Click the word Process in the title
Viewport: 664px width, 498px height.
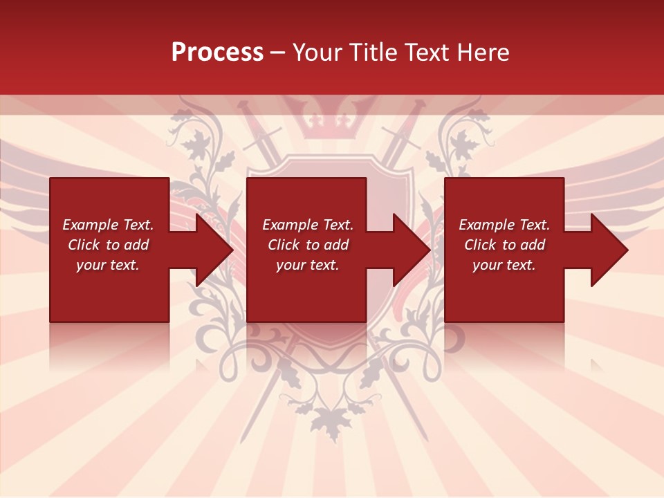pyautogui.click(x=217, y=53)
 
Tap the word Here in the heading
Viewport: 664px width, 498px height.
pyautogui.click(x=485, y=53)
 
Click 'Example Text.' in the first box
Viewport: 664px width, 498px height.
pyautogui.click(x=108, y=225)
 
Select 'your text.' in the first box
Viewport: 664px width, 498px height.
pyautogui.click(x=108, y=265)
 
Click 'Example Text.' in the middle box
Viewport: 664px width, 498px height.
pyautogui.click(x=308, y=225)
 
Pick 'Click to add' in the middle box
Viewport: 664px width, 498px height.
pyautogui.click(x=308, y=245)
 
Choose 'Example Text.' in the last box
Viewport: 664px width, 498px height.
pyautogui.click(x=504, y=225)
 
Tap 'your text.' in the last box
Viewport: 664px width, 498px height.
pyautogui.click(x=504, y=265)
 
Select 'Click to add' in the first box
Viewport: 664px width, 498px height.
pyautogui.click(x=108, y=245)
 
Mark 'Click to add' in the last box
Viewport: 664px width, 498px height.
pyautogui.click(x=504, y=245)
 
